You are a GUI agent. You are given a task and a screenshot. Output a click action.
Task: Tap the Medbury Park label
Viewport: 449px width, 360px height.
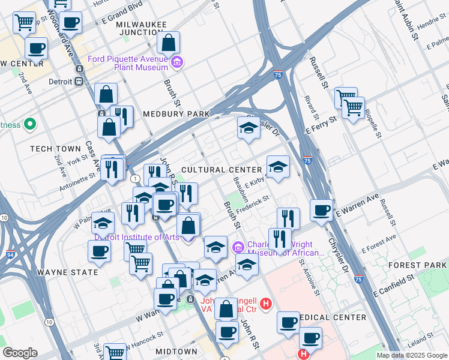pos(176,114)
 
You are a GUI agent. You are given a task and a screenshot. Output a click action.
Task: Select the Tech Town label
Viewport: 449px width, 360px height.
pos(55,148)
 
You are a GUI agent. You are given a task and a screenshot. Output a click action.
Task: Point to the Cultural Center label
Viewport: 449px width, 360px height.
pos(221,170)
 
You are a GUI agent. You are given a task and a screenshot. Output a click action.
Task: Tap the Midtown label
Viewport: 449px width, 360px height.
pos(176,351)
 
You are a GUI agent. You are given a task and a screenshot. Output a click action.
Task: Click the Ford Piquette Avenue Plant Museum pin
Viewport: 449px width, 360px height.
pos(177,62)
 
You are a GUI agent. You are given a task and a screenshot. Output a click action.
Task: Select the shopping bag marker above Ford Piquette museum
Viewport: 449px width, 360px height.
pos(169,42)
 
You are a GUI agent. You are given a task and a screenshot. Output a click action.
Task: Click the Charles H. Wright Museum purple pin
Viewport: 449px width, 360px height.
pos(238,247)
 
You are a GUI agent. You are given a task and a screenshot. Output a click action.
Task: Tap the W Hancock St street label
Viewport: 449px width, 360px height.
pos(143,337)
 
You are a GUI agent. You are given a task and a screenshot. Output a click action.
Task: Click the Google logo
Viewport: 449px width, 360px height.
pos(20,353)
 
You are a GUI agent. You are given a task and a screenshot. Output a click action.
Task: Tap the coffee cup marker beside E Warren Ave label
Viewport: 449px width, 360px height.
pos(322,210)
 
